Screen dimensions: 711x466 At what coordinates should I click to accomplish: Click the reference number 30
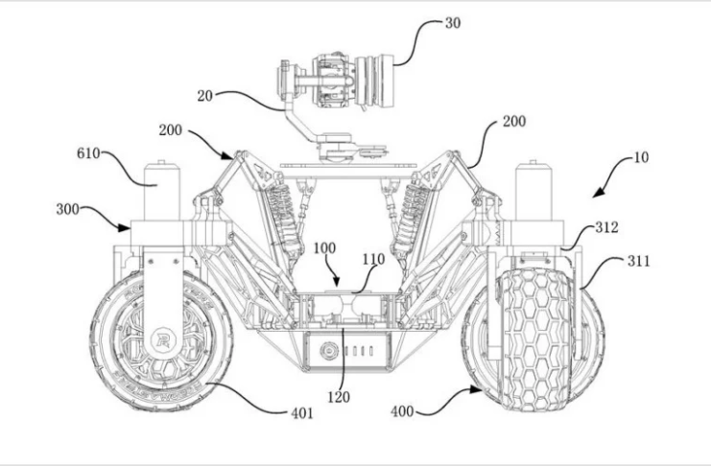(453, 23)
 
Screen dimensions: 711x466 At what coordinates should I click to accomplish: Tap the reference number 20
(205, 96)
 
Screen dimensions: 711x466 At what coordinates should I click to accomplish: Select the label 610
(88, 153)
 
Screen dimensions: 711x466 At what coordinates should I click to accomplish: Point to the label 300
(67, 209)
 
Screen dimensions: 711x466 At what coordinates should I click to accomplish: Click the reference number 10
(641, 157)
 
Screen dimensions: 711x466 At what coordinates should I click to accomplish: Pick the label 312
(606, 226)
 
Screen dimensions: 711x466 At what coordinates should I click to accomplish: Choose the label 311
(638, 261)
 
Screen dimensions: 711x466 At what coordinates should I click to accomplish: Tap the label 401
(302, 413)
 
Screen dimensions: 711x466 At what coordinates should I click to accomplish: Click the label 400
(402, 411)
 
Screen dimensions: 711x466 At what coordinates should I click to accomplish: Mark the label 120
(339, 397)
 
